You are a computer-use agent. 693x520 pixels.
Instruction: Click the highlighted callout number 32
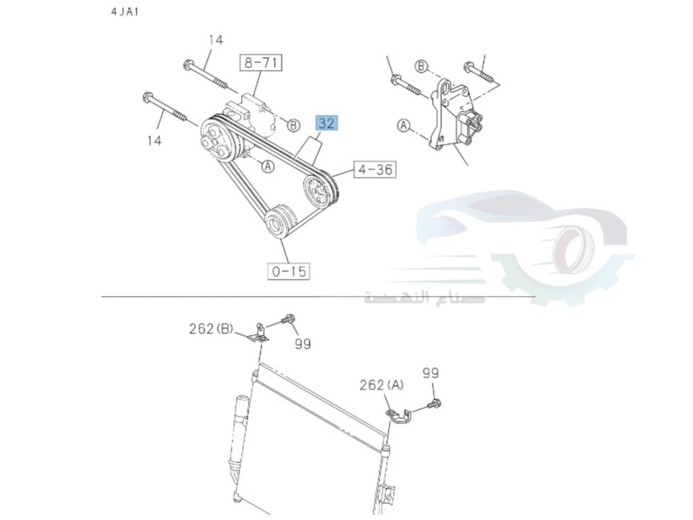tap(326, 123)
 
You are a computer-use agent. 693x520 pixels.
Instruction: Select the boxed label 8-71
tap(261, 63)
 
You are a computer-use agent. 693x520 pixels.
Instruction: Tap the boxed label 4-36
tap(375, 169)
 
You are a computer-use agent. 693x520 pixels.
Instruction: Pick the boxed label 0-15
tap(288, 271)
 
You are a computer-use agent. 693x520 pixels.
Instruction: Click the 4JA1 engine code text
tap(125, 12)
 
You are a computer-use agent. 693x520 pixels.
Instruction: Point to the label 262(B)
tap(211, 329)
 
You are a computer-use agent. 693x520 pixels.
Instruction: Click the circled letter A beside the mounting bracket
tap(403, 125)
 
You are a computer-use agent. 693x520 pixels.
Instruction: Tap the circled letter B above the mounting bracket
tap(421, 67)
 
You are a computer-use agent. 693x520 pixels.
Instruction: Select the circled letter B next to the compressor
tap(293, 125)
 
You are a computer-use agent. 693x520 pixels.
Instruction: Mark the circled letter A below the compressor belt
tap(267, 166)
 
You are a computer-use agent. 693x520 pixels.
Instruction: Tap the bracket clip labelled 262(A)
tap(398, 415)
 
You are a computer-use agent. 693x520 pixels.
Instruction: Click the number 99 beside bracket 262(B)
tap(302, 343)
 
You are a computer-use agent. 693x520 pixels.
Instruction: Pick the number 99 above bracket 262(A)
tap(430, 373)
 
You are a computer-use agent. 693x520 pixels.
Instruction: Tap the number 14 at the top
tap(216, 40)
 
